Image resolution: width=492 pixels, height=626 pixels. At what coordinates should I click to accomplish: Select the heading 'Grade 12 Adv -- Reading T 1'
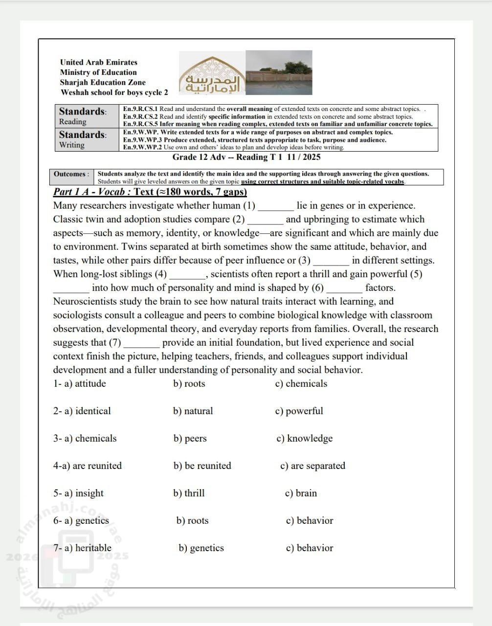(246, 157)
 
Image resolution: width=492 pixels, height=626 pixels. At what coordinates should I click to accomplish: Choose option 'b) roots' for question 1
(189, 383)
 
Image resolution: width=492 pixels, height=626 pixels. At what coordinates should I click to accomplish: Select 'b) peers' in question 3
(190, 438)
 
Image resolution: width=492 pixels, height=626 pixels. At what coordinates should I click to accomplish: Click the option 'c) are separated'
(313, 466)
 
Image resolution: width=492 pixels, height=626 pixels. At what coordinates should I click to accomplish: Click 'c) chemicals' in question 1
(301, 383)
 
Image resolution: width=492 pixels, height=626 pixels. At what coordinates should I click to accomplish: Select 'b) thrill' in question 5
(189, 493)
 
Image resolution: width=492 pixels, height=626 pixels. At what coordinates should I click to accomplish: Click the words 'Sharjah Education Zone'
(103, 82)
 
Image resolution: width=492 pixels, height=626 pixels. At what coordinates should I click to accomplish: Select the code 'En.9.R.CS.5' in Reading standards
(140, 124)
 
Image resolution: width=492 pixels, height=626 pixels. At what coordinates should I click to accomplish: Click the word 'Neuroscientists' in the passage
(85, 301)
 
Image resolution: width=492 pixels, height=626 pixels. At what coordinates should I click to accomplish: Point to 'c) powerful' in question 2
(299, 411)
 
